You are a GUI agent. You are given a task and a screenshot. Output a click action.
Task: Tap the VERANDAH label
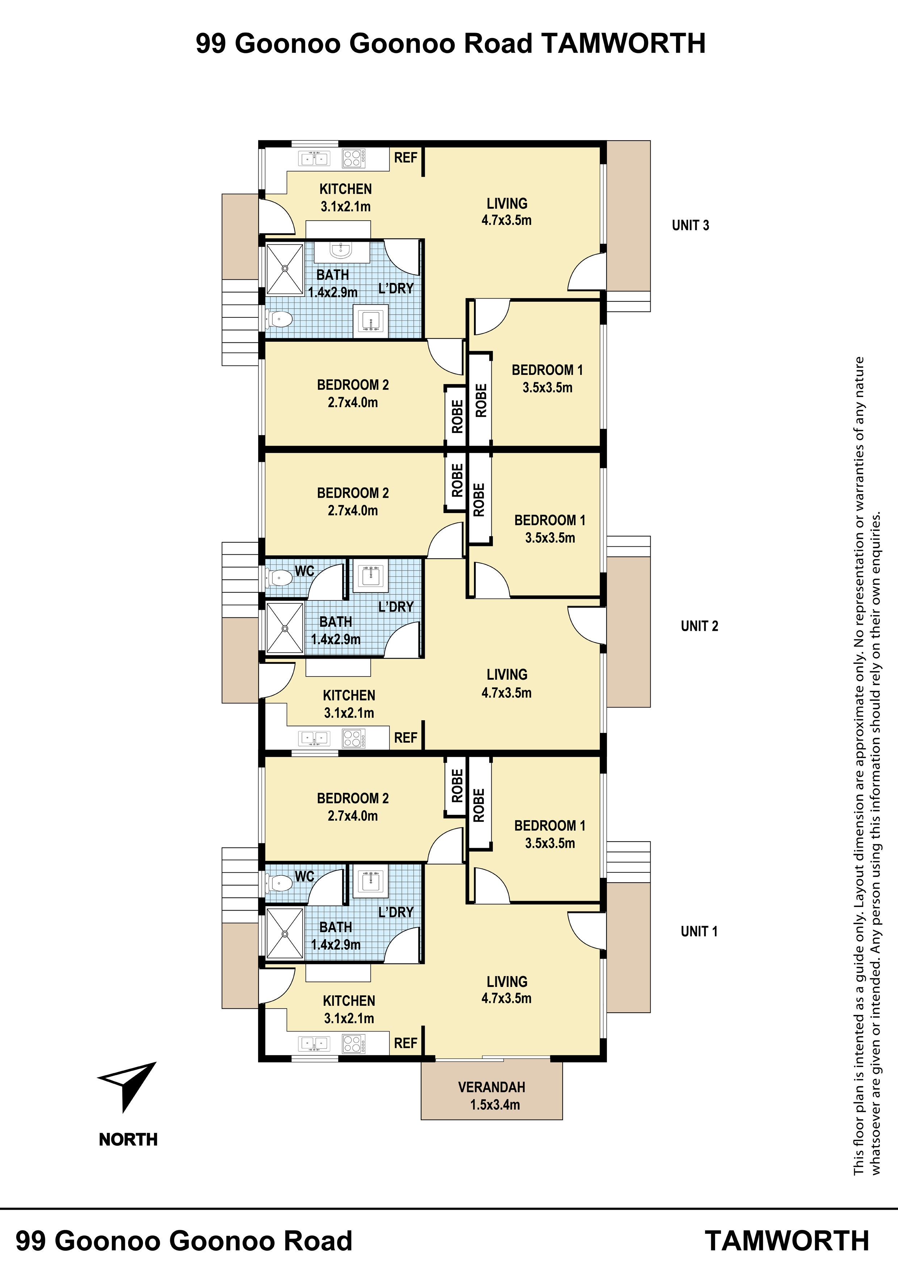[491, 1087]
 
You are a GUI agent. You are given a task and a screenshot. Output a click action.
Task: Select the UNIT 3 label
[690, 225]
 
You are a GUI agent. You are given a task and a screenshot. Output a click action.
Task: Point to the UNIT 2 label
[699, 626]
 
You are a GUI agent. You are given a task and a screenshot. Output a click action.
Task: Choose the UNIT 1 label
[699, 931]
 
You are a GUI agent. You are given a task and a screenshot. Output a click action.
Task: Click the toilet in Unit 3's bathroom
[280, 319]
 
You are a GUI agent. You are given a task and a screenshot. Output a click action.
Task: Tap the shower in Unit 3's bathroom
[285, 268]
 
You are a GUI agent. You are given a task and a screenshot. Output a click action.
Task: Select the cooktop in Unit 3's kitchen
[353, 159]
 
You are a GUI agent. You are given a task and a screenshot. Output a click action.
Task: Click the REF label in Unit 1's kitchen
[406, 1043]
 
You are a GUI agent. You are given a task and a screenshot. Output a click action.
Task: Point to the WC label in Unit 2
[304, 571]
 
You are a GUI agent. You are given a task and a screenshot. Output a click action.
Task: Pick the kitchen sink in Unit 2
[314, 738]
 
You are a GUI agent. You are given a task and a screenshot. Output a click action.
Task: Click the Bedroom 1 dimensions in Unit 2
[550, 538]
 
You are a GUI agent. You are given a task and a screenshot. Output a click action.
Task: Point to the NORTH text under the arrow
[129, 1140]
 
